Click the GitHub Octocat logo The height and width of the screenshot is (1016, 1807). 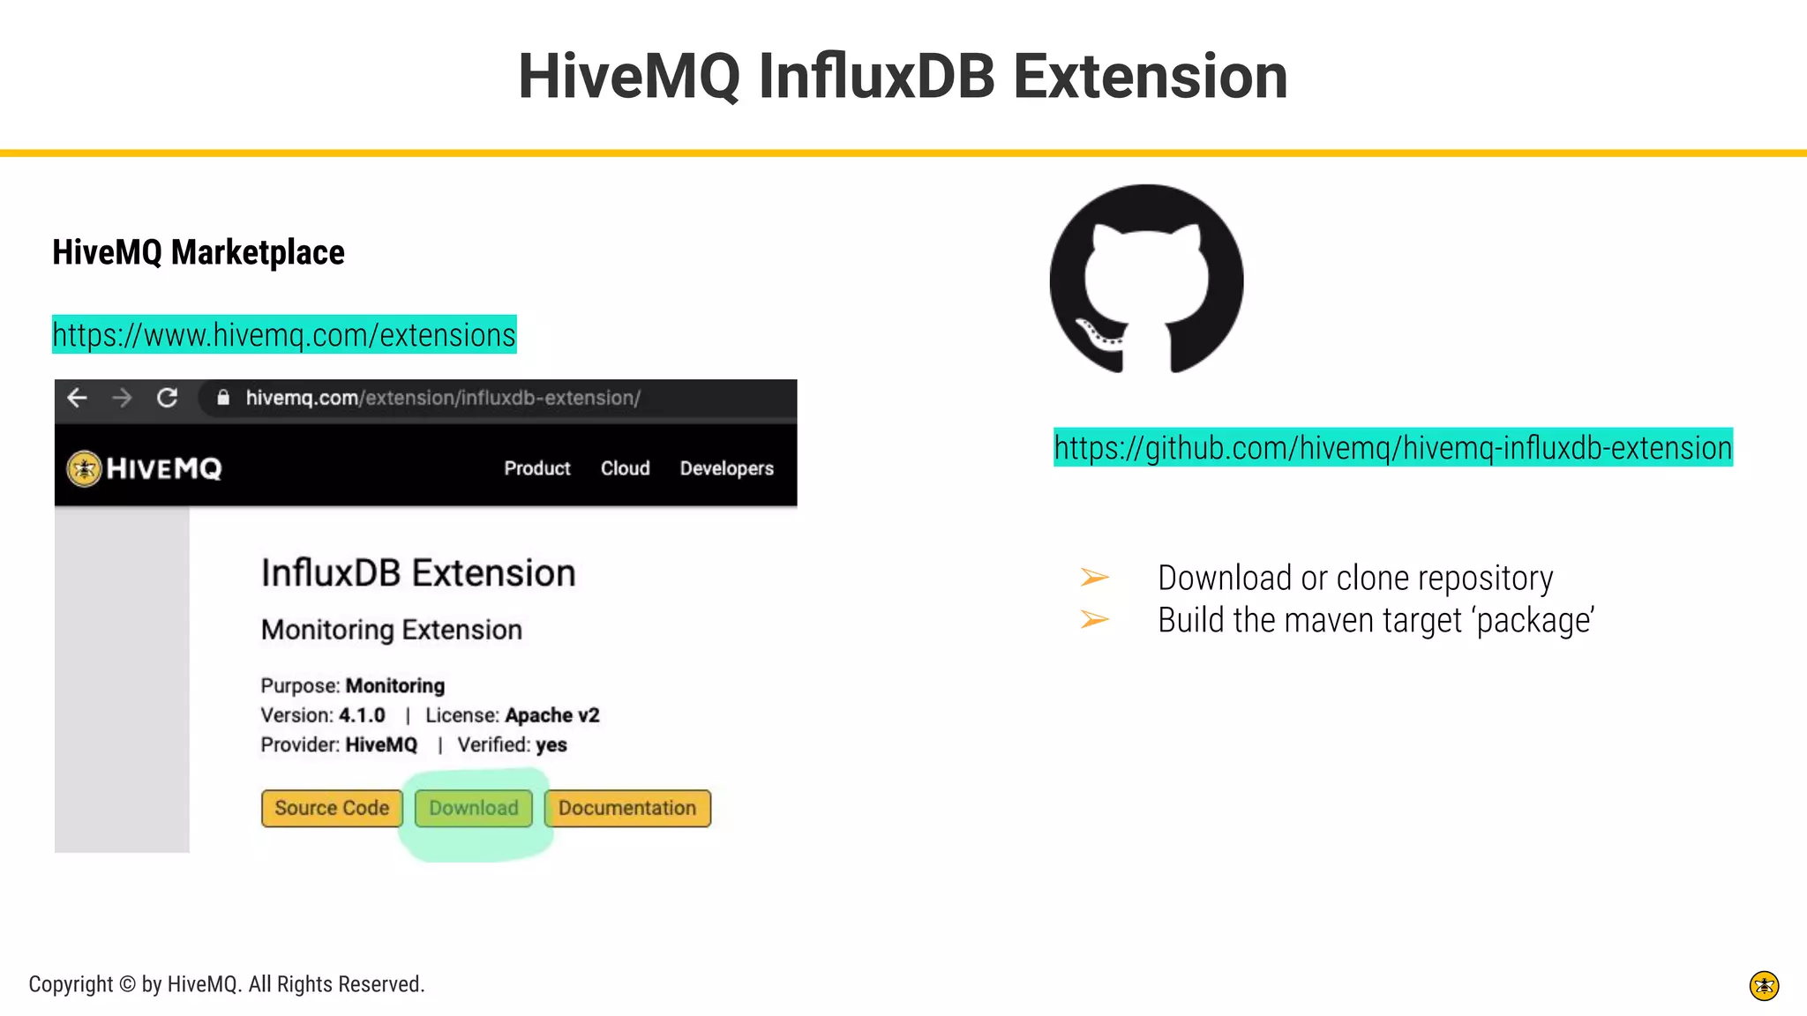1146,279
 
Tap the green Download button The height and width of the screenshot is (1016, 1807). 474,808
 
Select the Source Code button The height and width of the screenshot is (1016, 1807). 332,808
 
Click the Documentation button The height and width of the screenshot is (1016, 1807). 627,808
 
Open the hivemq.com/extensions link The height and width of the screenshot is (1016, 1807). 284,335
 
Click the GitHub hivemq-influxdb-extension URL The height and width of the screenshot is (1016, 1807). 1392,448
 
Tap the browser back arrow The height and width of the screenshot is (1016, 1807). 78,398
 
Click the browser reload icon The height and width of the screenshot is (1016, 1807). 167,398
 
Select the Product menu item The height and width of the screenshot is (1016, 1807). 536,468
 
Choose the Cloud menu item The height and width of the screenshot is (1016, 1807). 625,468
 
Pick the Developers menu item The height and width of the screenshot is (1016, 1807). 726,468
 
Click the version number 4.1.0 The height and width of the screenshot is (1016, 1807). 362,715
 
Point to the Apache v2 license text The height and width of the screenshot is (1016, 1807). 551,715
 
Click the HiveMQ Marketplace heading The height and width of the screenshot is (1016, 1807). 199,252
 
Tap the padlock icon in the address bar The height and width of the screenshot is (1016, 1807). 223,398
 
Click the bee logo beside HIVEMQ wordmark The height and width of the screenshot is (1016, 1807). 85,468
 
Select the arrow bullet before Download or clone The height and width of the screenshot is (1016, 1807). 1094,578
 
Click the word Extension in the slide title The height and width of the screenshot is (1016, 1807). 1150,76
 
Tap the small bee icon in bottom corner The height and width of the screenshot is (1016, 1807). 1764,985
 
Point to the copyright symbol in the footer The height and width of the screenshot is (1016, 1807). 127,984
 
